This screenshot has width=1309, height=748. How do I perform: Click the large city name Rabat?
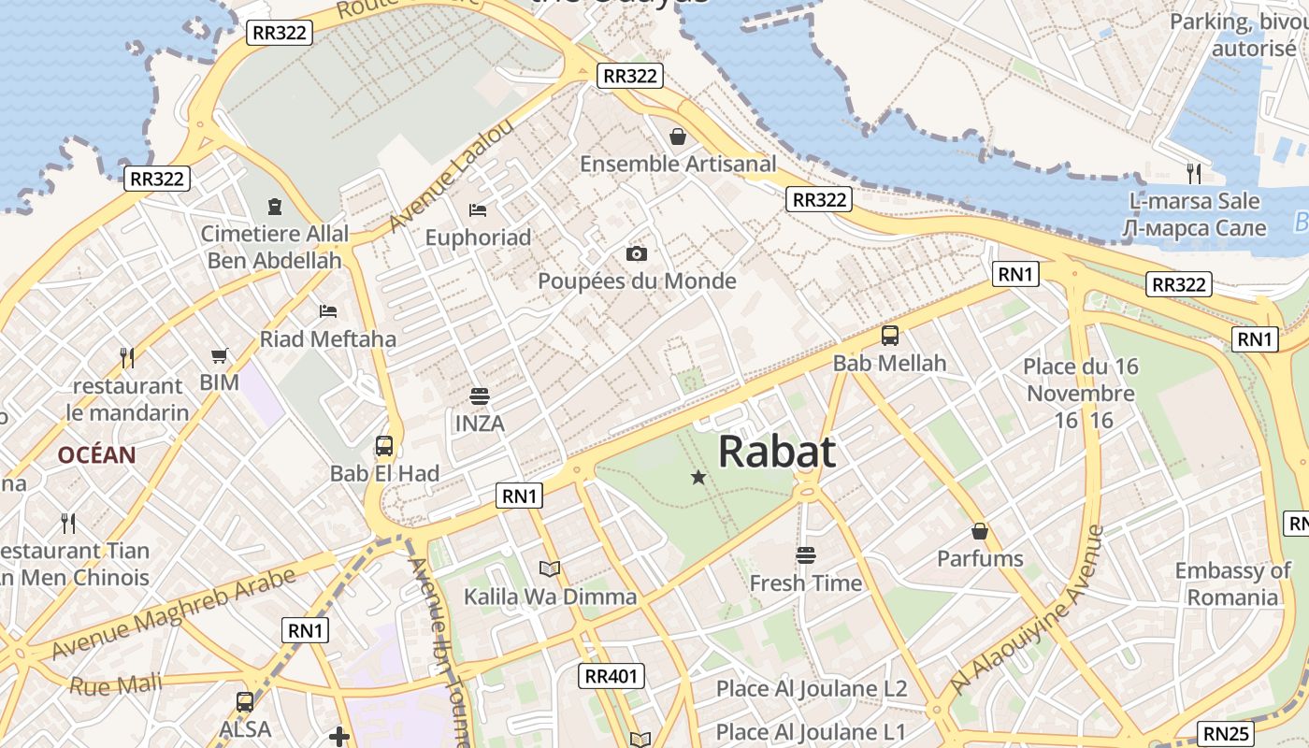coord(777,452)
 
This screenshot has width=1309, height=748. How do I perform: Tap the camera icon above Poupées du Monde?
coord(636,253)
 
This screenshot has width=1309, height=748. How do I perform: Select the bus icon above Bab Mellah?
coord(890,336)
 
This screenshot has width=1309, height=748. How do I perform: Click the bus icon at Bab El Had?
coord(383,446)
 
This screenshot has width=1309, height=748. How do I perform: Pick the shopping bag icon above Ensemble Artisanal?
coord(678,137)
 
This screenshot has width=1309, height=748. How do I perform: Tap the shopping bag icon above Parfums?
coord(980,531)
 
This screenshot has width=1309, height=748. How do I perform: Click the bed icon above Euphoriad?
coord(478,209)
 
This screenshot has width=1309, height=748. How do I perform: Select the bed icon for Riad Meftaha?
coord(327,310)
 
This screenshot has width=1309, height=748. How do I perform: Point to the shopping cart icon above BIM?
coord(219,355)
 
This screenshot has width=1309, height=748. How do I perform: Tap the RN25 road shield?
coord(1226,733)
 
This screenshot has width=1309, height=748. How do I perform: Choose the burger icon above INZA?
coord(480,396)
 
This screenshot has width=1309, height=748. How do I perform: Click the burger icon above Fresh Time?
coord(805,555)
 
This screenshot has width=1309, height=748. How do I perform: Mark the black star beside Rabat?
coord(698,478)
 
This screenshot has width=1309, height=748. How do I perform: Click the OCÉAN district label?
coord(96,455)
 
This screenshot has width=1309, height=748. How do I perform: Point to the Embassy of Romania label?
coord(1232,583)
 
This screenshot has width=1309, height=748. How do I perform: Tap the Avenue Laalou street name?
coord(451,176)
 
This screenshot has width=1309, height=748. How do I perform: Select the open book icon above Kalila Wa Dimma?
coord(550,568)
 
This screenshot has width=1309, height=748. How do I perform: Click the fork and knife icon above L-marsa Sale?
coord(1193,173)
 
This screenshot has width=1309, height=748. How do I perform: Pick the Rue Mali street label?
coord(115,684)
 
